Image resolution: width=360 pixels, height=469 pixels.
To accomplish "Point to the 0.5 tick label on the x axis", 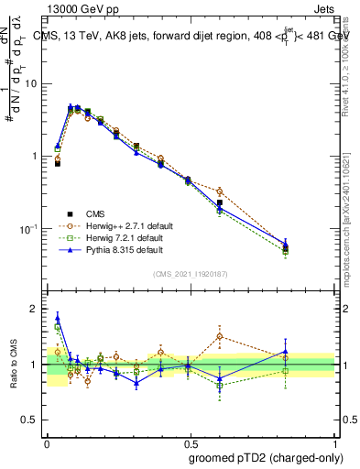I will [191, 441].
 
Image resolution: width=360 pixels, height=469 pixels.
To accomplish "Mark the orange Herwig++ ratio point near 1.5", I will [219, 336].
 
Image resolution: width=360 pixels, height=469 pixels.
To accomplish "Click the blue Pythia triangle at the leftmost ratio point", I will [58, 317].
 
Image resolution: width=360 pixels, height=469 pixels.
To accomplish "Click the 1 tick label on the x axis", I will [334, 441].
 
